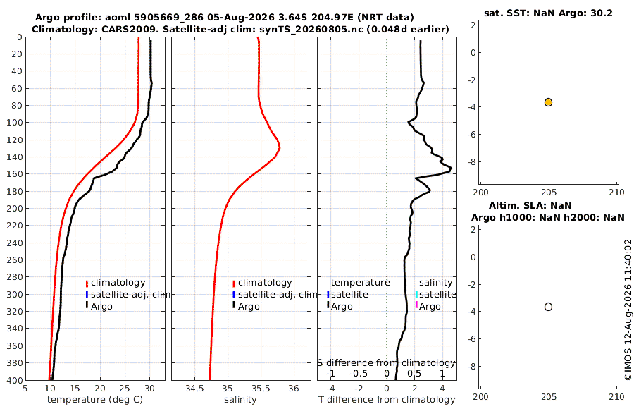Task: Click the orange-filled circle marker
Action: [x=548, y=102]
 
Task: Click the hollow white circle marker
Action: [x=548, y=307]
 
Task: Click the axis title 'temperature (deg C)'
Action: [x=95, y=400]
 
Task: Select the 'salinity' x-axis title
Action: [x=240, y=400]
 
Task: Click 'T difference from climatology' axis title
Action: [x=387, y=400]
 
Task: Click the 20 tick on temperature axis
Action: [x=100, y=389]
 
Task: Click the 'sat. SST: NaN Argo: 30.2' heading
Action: [x=548, y=13]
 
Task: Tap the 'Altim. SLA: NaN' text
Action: [x=530, y=205]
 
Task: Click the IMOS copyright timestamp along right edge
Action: [x=628, y=310]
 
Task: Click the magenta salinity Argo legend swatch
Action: [x=416, y=305]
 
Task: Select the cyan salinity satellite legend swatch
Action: [x=416, y=294]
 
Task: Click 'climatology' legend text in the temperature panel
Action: [x=118, y=283]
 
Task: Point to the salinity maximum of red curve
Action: [x=280, y=147]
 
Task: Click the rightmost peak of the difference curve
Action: [x=451, y=168]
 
